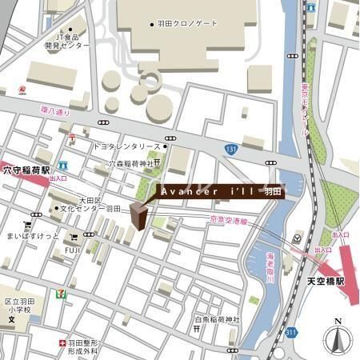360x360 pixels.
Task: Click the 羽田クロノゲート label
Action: pyautogui.click(x=189, y=24)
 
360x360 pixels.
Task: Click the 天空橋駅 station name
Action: pyautogui.click(x=325, y=282)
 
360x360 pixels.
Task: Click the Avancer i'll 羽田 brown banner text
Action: pyautogui.click(x=219, y=193)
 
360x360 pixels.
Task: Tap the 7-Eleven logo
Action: pyautogui.click(x=60, y=294)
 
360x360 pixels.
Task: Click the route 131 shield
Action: pyautogui.click(x=231, y=149)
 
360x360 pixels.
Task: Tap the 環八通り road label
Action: pyautogui.click(x=56, y=113)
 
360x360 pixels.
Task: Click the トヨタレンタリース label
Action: pyautogui.click(x=127, y=147)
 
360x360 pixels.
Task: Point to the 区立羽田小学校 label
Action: pyautogui.click(x=16, y=304)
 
